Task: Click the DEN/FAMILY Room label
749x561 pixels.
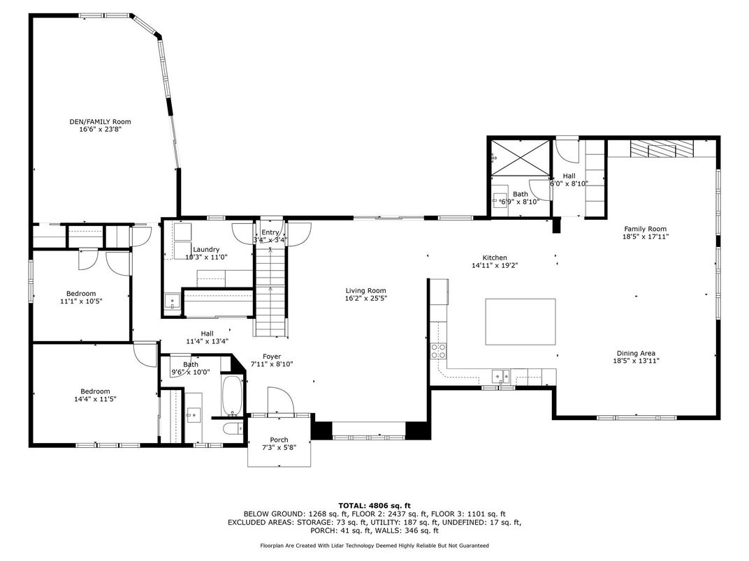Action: click(100, 121)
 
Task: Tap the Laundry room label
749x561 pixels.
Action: click(206, 250)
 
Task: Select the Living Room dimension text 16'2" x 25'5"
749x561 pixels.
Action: click(366, 298)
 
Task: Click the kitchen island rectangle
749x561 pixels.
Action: click(521, 322)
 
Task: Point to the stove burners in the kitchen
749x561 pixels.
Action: click(439, 351)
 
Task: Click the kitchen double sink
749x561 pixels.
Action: click(500, 376)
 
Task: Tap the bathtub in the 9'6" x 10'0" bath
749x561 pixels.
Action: click(233, 396)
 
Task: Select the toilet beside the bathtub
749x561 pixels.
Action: click(233, 428)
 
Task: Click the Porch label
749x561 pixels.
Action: click(279, 440)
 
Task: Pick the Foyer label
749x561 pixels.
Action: click(272, 357)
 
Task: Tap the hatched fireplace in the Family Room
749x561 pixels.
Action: click(662, 149)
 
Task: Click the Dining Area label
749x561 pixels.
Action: click(635, 354)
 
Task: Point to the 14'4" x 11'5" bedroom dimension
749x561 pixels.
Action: click(95, 399)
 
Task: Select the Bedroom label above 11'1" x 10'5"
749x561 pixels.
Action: click(81, 293)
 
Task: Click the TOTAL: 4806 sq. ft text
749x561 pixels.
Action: click(374, 506)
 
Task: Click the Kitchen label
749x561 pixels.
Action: click(495, 257)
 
